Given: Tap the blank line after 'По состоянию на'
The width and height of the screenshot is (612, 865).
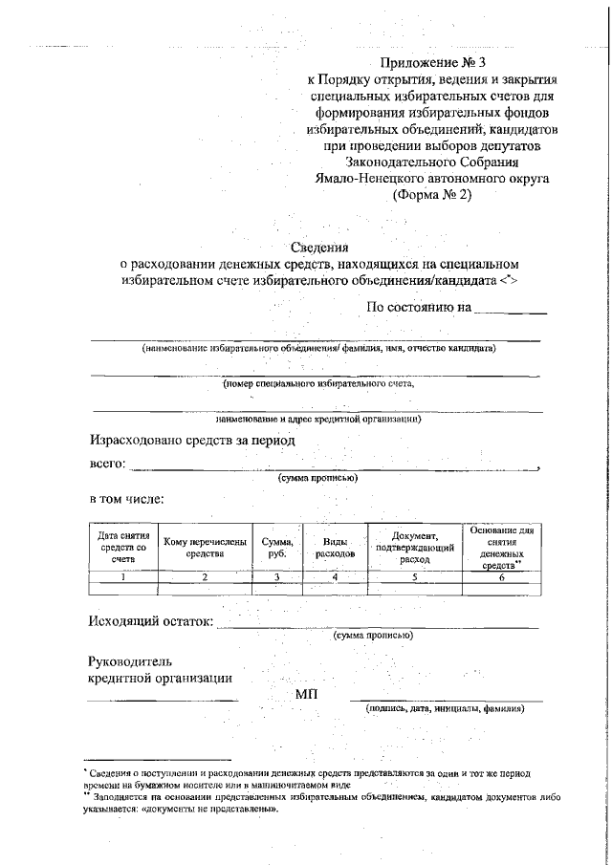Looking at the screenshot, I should (511, 309).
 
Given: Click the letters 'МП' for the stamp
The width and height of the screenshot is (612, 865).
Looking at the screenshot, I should (306, 693).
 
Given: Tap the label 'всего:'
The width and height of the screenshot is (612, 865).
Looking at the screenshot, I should (108, 465).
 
